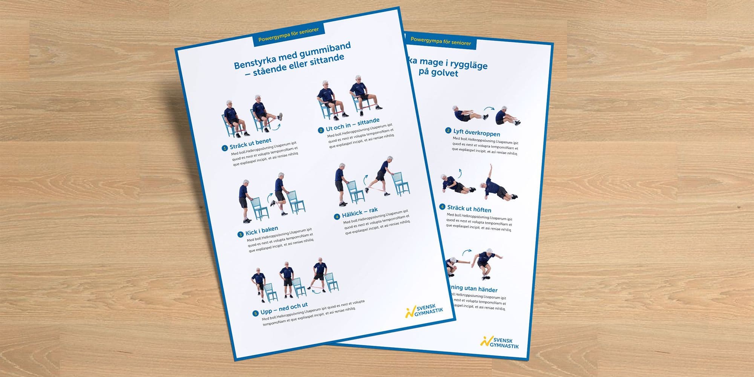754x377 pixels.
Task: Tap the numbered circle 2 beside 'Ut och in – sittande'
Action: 321,130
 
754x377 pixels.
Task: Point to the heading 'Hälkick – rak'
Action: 360,212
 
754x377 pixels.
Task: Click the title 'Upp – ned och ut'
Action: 284,309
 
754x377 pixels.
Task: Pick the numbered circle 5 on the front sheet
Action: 255,313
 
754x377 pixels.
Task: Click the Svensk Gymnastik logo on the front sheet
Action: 424,311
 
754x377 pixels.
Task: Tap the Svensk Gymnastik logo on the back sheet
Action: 500,342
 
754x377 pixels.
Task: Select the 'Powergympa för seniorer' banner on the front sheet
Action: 288,34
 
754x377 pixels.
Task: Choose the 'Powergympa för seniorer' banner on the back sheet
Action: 441,41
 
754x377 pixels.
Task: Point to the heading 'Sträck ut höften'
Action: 469,208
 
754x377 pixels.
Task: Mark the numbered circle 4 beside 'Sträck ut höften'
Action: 442,207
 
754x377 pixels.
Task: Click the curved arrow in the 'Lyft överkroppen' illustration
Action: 489,109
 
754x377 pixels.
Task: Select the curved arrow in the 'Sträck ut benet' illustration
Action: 276,127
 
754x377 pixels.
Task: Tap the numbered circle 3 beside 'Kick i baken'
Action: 240,234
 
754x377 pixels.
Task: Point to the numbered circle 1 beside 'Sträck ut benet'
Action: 225,148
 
